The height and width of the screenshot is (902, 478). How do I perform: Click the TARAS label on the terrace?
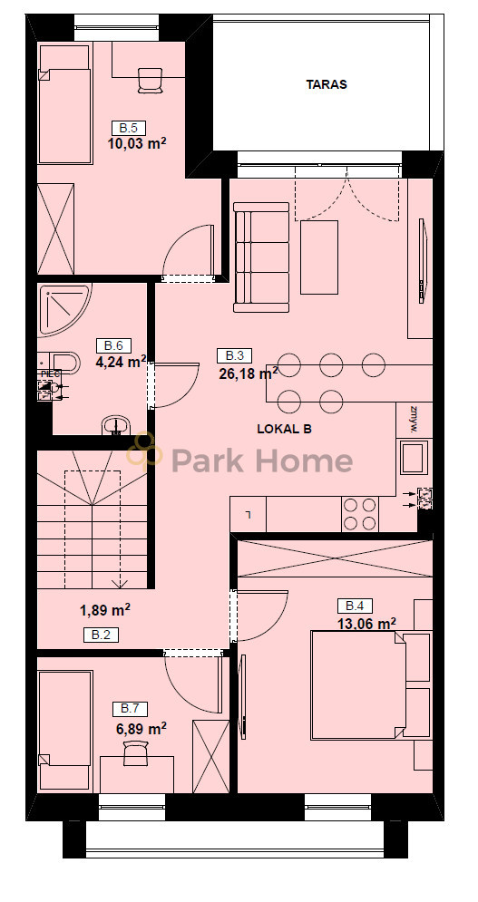(326, 84)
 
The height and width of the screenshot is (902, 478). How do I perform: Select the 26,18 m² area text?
(249, 373)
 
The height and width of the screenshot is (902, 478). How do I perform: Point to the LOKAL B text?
(285, 429)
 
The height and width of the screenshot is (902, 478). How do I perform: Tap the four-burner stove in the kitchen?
(360, 514)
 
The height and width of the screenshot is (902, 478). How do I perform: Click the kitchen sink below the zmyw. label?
(415, 458)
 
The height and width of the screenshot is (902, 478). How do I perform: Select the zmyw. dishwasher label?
(414, 421)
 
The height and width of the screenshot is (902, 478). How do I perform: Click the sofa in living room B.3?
(261, 257)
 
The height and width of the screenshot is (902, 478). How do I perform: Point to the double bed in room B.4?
(359, 685)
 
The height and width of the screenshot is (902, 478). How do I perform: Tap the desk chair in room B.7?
(136, 753)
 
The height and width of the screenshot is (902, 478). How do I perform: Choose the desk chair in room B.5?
(151, 80)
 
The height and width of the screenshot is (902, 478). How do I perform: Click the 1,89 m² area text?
(104, 610)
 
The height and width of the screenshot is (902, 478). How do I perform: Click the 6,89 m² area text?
(141, 729)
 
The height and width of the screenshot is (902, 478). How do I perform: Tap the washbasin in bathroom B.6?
(117, 425)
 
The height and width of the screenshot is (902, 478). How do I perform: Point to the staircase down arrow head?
(120, 584)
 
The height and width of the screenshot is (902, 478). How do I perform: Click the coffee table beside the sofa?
(319, 257)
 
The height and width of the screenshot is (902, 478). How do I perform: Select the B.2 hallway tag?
(102, 635)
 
